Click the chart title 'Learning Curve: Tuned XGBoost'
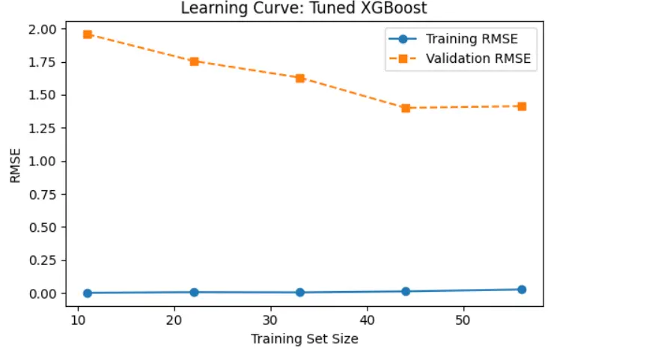pos(304,9)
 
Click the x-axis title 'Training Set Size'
pos(304,339)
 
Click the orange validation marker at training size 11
pos(88,34)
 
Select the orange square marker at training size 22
pos(194,61)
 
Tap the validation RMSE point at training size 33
pos(300,78)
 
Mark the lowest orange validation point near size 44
pos(406,108)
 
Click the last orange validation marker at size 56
pos(522,106)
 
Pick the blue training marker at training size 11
pos(88,293)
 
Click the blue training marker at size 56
pos(522,289)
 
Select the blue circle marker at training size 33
pos(300,292)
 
